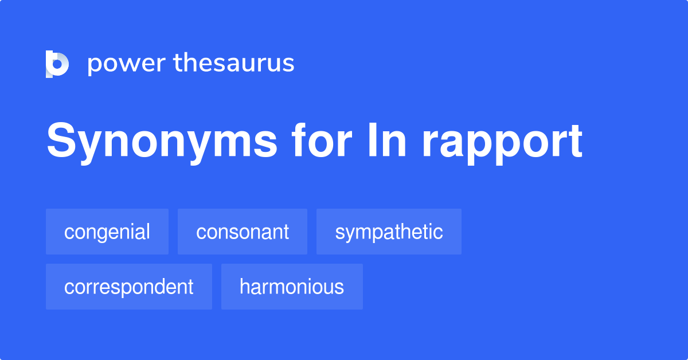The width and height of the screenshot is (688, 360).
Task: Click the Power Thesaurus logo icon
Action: pos(57,64)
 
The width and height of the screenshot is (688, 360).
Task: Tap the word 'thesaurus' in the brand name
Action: pos(234,63)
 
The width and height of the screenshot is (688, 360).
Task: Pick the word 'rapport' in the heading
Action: pos(502,142)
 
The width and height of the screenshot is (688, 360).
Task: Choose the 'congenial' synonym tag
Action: pos(107,232)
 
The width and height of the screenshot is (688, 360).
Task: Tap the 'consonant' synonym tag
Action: pos(243,232)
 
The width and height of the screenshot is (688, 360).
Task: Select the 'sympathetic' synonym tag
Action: pos(389,232)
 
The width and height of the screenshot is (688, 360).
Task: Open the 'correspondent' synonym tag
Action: pos(129,287)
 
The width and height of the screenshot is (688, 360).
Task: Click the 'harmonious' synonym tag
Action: pos(292,287)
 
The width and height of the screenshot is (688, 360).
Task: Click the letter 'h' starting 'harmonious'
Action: pos(244,286)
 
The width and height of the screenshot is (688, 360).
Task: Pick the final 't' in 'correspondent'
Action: pos(190,287)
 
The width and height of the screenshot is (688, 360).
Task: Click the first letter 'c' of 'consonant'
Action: pos(201,232)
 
